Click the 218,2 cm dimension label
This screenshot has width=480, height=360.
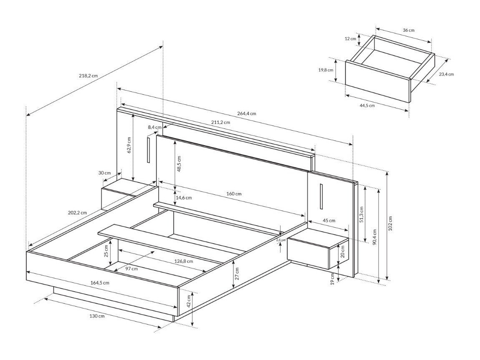pos(88,76)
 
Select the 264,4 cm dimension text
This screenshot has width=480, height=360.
pos(246,113)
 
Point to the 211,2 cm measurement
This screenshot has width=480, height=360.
pos(220,122)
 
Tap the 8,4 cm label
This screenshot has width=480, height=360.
pos(154,127)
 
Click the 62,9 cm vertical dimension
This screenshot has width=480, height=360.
pos(129,145)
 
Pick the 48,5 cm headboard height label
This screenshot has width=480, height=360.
pos(179,164)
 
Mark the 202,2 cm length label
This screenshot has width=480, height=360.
pos(77,212)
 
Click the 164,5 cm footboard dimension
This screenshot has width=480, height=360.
pos(100,282)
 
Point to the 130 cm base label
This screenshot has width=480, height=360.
pos(96,316)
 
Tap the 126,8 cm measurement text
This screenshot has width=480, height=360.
pos(183,261)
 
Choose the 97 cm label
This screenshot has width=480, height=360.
pos(131,269)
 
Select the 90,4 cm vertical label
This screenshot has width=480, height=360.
pos(374,238)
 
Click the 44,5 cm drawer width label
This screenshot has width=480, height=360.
pos(367,105)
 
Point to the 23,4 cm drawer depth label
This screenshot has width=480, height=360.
pos(446,74)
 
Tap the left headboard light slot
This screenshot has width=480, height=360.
pos(148,149)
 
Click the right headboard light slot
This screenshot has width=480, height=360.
pos(321,196)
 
